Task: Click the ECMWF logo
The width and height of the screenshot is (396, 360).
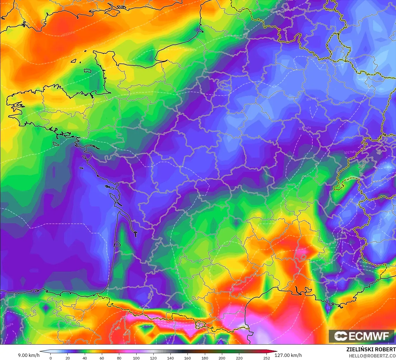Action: (362, 336)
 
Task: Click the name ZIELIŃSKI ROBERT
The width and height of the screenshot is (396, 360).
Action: (371, 349)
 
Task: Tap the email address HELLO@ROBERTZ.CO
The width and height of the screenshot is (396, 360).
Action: (372, 356)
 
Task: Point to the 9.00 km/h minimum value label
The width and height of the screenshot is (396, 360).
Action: (29, 355)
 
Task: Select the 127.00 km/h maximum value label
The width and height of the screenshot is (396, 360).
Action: (288, 355)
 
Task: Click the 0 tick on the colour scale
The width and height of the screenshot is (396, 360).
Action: (50, 358)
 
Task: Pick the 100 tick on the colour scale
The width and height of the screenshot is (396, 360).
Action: (136, 358)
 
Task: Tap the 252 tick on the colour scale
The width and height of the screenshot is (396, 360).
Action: (267, 358)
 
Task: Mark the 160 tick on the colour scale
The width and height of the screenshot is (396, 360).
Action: (188, 358)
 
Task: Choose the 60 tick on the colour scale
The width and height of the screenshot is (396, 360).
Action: (102, 358)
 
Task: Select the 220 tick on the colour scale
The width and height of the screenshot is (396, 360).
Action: (239, 358)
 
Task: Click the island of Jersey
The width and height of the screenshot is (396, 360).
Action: (88, 71)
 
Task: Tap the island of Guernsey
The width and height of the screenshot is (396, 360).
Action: (74, 61)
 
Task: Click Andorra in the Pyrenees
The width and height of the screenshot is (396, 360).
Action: (200, 325)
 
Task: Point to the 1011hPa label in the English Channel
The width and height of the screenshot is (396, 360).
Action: (68, 34)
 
